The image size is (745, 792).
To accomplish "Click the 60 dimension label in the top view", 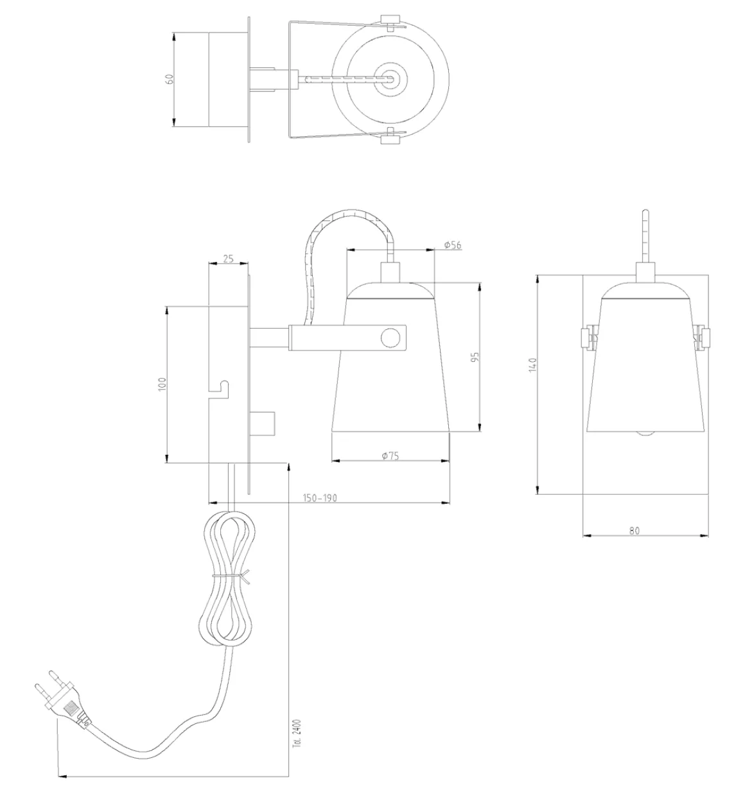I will click(x=170, y=80).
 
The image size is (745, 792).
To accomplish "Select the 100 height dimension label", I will click(x=162, y=384).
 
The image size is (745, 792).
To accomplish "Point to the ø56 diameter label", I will click(x=453, y=245).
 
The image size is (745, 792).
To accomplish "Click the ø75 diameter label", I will click(x=390, y=456).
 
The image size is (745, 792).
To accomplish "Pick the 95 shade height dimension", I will click(x=475, y=357).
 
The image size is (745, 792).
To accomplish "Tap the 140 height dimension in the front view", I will click(x=531, y=366).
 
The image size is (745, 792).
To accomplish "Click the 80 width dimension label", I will click(x=634, y=530).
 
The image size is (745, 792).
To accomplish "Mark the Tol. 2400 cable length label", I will click(x=296, y=732).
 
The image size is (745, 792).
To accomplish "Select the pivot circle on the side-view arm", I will click(x=389, y=337).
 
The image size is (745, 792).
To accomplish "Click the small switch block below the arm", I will click(x=263, y=422).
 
